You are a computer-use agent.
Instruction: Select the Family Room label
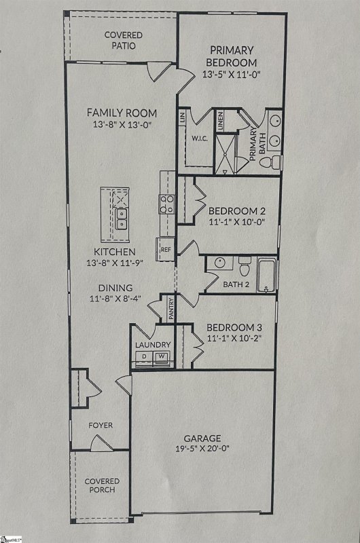tap(122, 113)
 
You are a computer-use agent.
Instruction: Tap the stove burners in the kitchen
tap(166, 204)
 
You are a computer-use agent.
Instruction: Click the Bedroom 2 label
tap(232, 210)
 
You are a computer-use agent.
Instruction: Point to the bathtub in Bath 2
tap(267, 276)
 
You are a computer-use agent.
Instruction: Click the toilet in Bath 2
tap(245, 265)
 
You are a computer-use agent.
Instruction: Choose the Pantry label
tap(171, 309)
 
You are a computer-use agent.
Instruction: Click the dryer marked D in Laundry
tap(145, 356)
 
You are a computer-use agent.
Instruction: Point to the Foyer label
tap(101, 426)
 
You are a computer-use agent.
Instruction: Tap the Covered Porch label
tap(101, 485)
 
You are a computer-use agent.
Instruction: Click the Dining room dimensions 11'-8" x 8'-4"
tap(115, 299)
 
